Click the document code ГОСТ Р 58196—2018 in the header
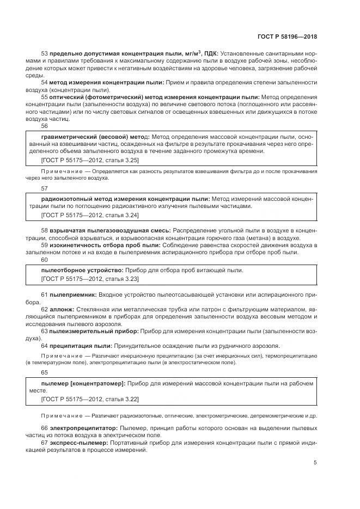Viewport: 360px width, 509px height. click(x=287, y=37)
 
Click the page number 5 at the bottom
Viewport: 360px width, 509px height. click(x=315, y=463)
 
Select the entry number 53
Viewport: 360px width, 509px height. click(x=44, y=54)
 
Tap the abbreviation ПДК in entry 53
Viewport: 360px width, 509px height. click(x=209, y=54)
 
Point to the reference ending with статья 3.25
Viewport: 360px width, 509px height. click(x=90, y=161)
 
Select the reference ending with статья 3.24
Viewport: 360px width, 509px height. click(x=90, y=215)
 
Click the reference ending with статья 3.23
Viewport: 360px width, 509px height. click(x=90, y=279)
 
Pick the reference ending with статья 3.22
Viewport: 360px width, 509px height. click(x=90, y=399)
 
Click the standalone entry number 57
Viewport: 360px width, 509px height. click(x=44, y=188)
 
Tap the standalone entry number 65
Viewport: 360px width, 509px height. click(x=44, y=372)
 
